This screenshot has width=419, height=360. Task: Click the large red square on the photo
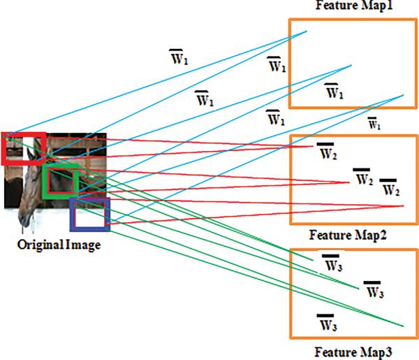click(x=24, y=147)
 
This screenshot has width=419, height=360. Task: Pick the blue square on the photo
click(x=90, y=214)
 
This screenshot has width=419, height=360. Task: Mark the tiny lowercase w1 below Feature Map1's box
click(x=375, y=124)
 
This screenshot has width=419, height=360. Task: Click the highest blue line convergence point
click(x=307, y=31)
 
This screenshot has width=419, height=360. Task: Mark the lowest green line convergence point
click(x=404, y=326)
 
